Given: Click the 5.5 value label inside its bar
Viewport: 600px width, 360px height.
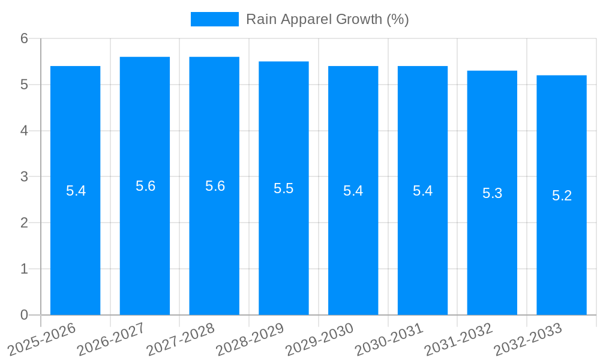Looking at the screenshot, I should pyautogui.click(x=284, y=188).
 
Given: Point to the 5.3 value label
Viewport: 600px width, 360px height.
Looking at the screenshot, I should pyautogui.click(x=492, y=193).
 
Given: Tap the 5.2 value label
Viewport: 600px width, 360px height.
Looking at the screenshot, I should pyautogui.click(x=562, y=196).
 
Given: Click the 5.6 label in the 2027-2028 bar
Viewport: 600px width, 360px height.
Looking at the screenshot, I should pyautogui.click(x=215, y=186).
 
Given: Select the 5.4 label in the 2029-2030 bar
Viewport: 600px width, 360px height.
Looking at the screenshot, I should pyautogui.click(x=353, y=191).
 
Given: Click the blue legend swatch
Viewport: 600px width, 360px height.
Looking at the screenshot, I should pyautogui.click(x=214, y=19).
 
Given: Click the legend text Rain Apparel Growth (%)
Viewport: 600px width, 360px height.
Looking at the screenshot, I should pyautogui.click(x=327, y=19).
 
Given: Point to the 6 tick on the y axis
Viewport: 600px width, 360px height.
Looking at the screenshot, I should pyautogui.click(x=25, y=38).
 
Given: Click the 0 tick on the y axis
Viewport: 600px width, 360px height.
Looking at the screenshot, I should pyautogui.click(x=25, y=315).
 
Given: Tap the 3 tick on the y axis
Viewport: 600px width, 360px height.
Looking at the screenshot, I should pyautogui.click(x=25, y=177).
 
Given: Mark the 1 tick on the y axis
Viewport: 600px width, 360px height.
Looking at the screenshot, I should pyautogui.click(x=25, y=269).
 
